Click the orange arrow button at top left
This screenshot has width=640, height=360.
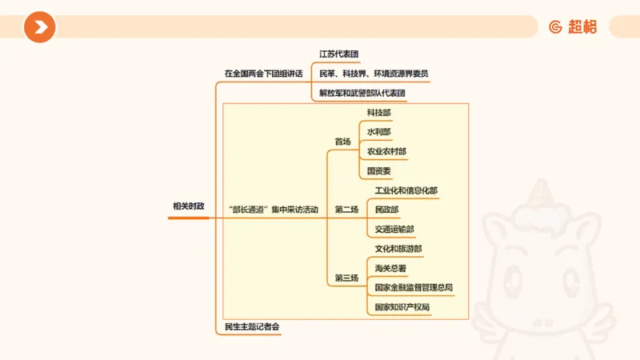[x=39, y=27]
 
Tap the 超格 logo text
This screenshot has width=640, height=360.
[x=582, y=27]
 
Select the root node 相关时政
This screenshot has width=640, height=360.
[x=189, y=206]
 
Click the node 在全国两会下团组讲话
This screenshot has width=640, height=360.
[x=263, y=74]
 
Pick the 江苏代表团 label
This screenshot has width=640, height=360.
[x=339, y=54]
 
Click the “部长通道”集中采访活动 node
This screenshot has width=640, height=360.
[x=273, y=210]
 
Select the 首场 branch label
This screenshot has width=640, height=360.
[x=342, y=142]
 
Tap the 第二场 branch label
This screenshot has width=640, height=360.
[x=346, y=210]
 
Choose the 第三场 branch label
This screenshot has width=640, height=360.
[x=346, y=278]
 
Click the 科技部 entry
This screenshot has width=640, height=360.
[x=379, y=113]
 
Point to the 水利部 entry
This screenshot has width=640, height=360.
[x=379, y=132]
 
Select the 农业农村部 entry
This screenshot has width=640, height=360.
[x=386, y=151]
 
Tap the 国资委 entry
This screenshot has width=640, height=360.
[x=379, y=170]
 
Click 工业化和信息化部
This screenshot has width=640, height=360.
[x=406, y=190]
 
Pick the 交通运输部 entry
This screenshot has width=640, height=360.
[x=394, y=229]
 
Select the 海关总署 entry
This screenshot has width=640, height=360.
[x=390, y=268]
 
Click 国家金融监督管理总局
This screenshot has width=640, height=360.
[x=414, y=287]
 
